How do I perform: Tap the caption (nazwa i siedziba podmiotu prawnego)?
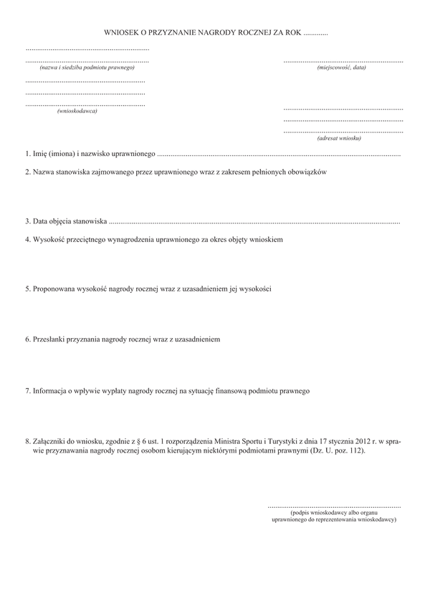point(87,67)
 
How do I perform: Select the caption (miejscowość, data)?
point(342,67)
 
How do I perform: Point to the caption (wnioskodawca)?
point(77,111)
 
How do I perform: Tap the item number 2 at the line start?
point(27,173)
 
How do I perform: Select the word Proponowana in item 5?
point(56,289)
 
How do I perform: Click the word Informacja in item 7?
point(53,391)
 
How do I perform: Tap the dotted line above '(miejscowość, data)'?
point(343,62)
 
